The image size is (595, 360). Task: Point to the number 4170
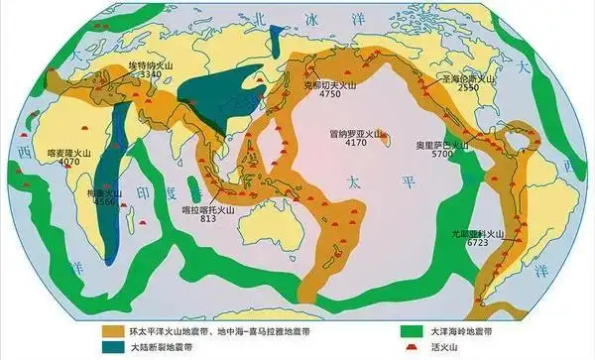pos(358,143)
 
